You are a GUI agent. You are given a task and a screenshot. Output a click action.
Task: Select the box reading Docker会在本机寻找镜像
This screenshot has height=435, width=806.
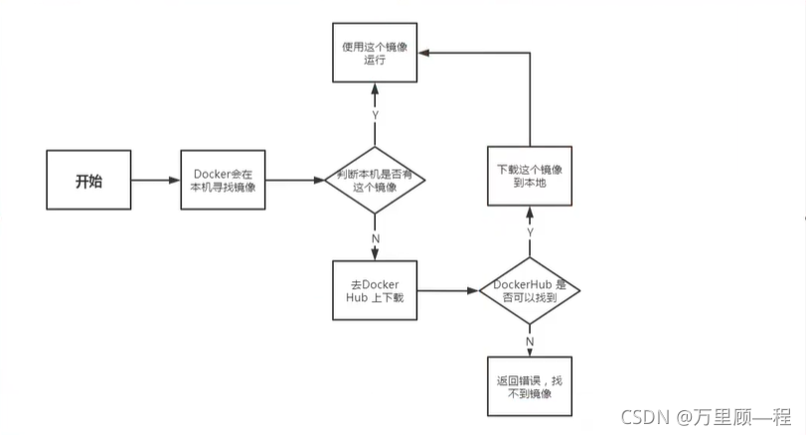224,181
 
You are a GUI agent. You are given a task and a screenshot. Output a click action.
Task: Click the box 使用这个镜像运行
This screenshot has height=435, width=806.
374,53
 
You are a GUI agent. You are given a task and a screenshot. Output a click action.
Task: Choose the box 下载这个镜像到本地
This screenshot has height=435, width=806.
529,176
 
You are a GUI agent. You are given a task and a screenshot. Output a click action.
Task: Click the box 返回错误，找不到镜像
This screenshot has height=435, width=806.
529,385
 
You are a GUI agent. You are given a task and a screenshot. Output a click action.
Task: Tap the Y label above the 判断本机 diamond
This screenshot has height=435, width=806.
375,114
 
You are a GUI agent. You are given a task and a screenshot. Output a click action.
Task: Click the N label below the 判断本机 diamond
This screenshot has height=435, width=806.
375,238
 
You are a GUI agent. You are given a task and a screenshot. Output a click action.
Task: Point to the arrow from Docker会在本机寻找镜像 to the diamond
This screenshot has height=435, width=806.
295,181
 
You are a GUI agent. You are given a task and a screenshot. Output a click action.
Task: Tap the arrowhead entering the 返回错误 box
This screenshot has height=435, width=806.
529,351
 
